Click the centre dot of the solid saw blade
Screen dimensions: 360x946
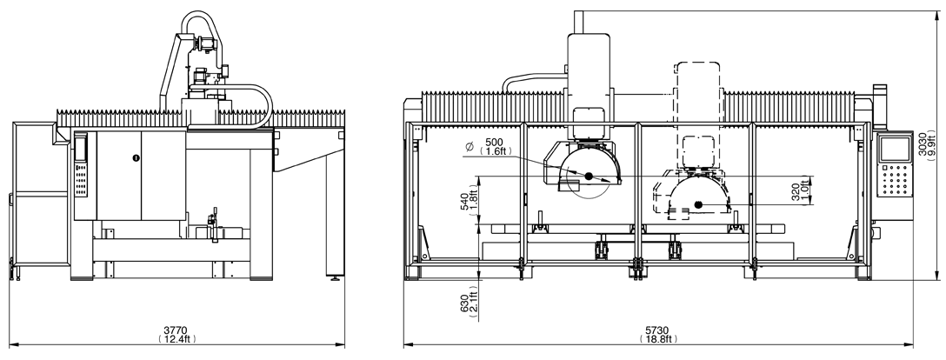point(588,177)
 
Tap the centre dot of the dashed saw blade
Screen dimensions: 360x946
point(698,206)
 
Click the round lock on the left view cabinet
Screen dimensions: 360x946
point(136,157)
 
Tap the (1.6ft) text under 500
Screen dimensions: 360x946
point(496,151)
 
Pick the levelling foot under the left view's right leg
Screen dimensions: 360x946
point(335,280)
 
